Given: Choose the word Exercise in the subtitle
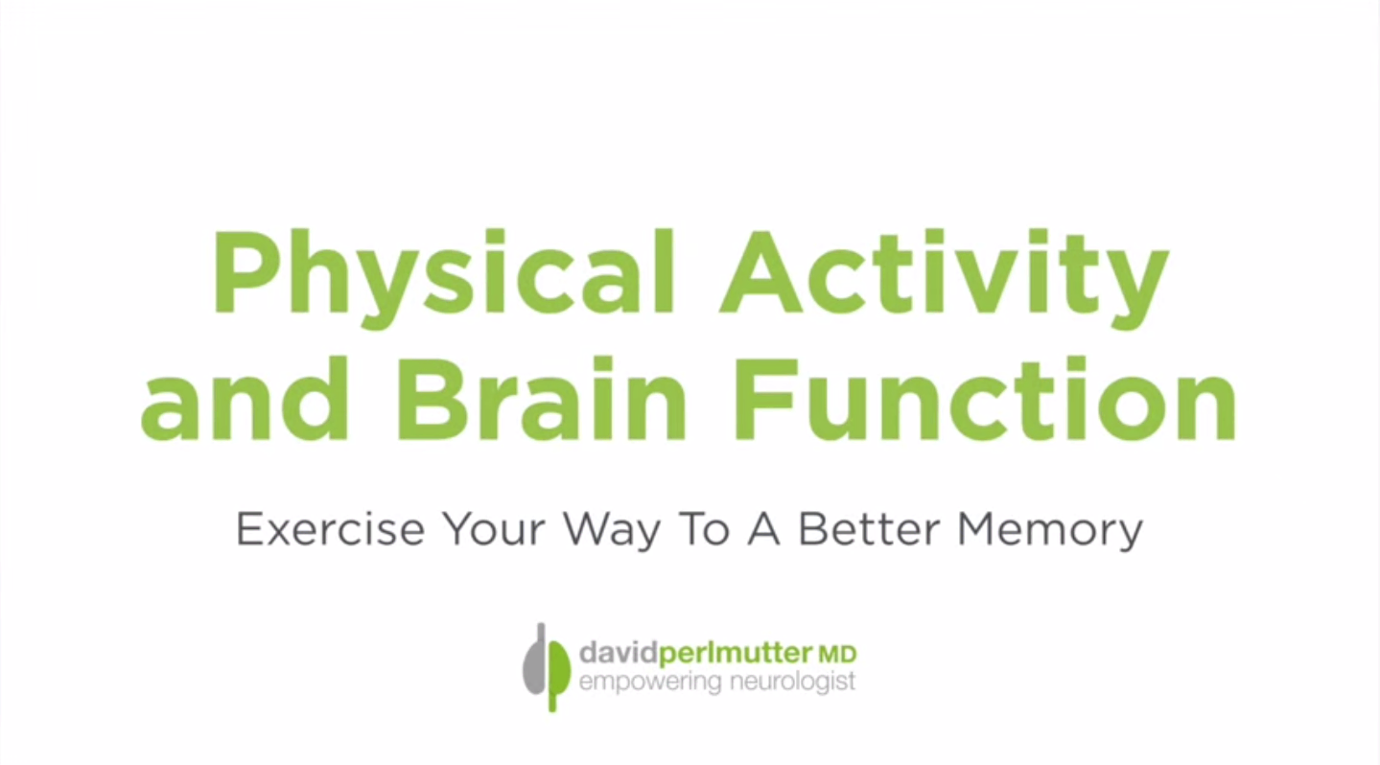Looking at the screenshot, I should (x=331, y=529).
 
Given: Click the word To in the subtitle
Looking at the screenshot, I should (x=708, y=529).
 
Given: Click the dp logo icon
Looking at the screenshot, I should (x=546, y=666).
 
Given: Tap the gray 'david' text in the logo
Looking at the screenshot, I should (x=620, y=655).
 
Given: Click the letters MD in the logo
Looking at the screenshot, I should (x=837, y=656).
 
